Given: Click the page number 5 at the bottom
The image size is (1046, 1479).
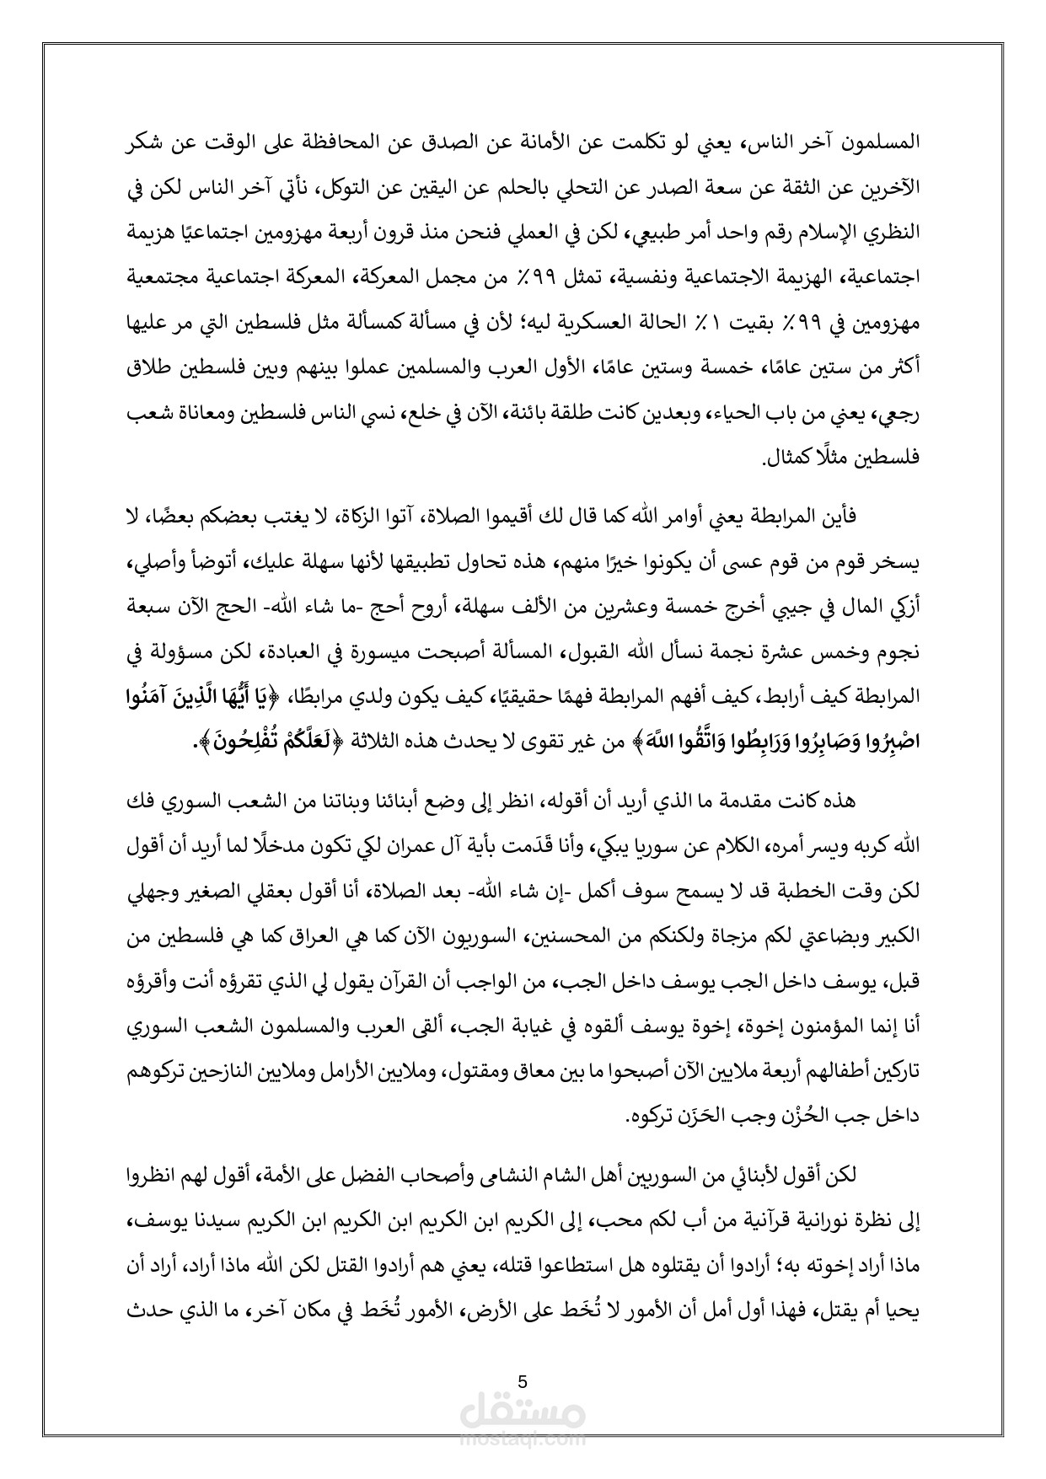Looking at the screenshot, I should (x=523, y=1382).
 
